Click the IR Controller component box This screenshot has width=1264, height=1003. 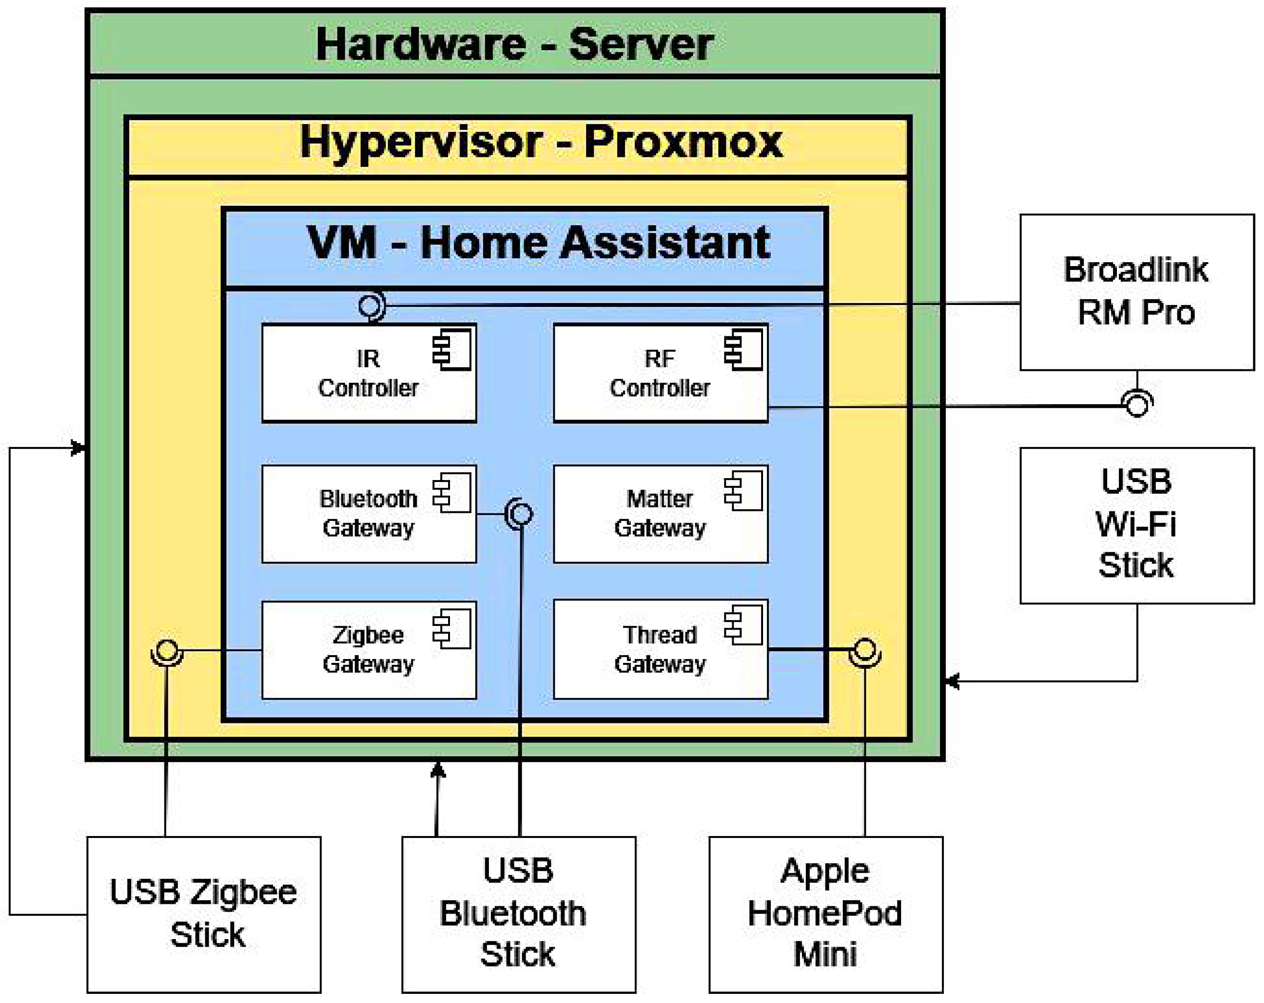coord(369,373)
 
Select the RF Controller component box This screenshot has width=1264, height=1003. coord(660,373)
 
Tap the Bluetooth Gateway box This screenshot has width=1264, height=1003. coord(369,514)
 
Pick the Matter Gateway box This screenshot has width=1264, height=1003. coord(660,514)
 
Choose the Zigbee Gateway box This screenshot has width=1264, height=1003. coord(369,650)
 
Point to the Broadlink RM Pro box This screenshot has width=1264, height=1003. coord(1136,292)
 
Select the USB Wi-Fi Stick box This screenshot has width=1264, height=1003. coord(1136,525)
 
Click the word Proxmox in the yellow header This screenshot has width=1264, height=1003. coord(683,142)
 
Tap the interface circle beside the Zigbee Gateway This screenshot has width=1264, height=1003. coord(167,650)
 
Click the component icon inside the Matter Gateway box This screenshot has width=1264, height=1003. coord(743,491)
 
